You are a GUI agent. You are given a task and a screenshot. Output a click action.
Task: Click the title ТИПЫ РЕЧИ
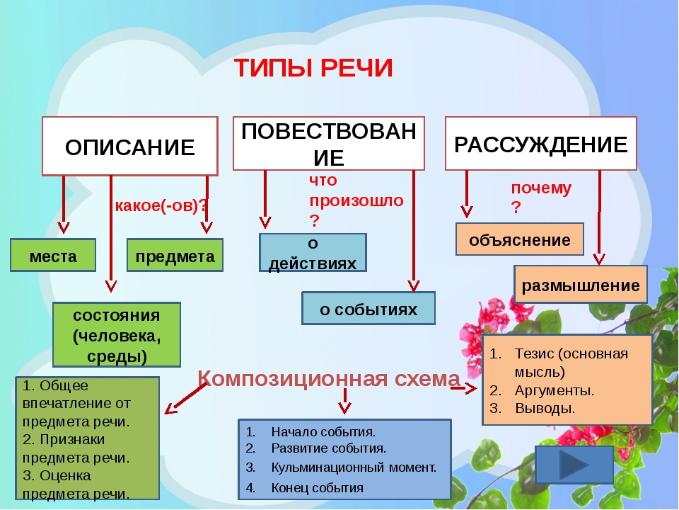(x=313, y=69)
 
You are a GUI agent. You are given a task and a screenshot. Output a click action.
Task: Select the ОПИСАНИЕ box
(x=130, y=147)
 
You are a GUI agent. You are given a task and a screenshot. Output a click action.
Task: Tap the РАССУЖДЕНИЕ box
(x=540, y=144)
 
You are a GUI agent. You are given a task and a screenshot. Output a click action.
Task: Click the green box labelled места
(x=53, y=256)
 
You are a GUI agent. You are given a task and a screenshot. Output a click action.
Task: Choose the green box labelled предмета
(x=175, y=256)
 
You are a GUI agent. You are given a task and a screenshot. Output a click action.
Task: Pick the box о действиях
(x=313, y=253)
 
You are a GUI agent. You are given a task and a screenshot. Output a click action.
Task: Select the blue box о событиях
(x=368, y=309)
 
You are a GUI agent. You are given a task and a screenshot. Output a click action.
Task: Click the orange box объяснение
(x=520, y=239)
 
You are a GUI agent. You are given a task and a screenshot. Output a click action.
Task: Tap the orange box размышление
(x=580, y=285)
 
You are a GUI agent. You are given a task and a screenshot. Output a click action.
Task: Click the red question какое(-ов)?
(x=161, y=206)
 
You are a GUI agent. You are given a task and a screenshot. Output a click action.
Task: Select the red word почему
(x=541, y=188)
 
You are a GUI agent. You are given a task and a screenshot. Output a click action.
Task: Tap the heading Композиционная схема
(x=329, y=379)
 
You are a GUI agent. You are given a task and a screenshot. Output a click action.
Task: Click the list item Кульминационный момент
(x=353, y=467)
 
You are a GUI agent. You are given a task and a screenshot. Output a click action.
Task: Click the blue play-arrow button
(x=574, y=465)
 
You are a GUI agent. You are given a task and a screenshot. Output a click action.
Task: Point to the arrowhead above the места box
(x=64, y=227)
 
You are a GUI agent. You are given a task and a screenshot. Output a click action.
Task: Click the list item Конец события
(x=317, y=487)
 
